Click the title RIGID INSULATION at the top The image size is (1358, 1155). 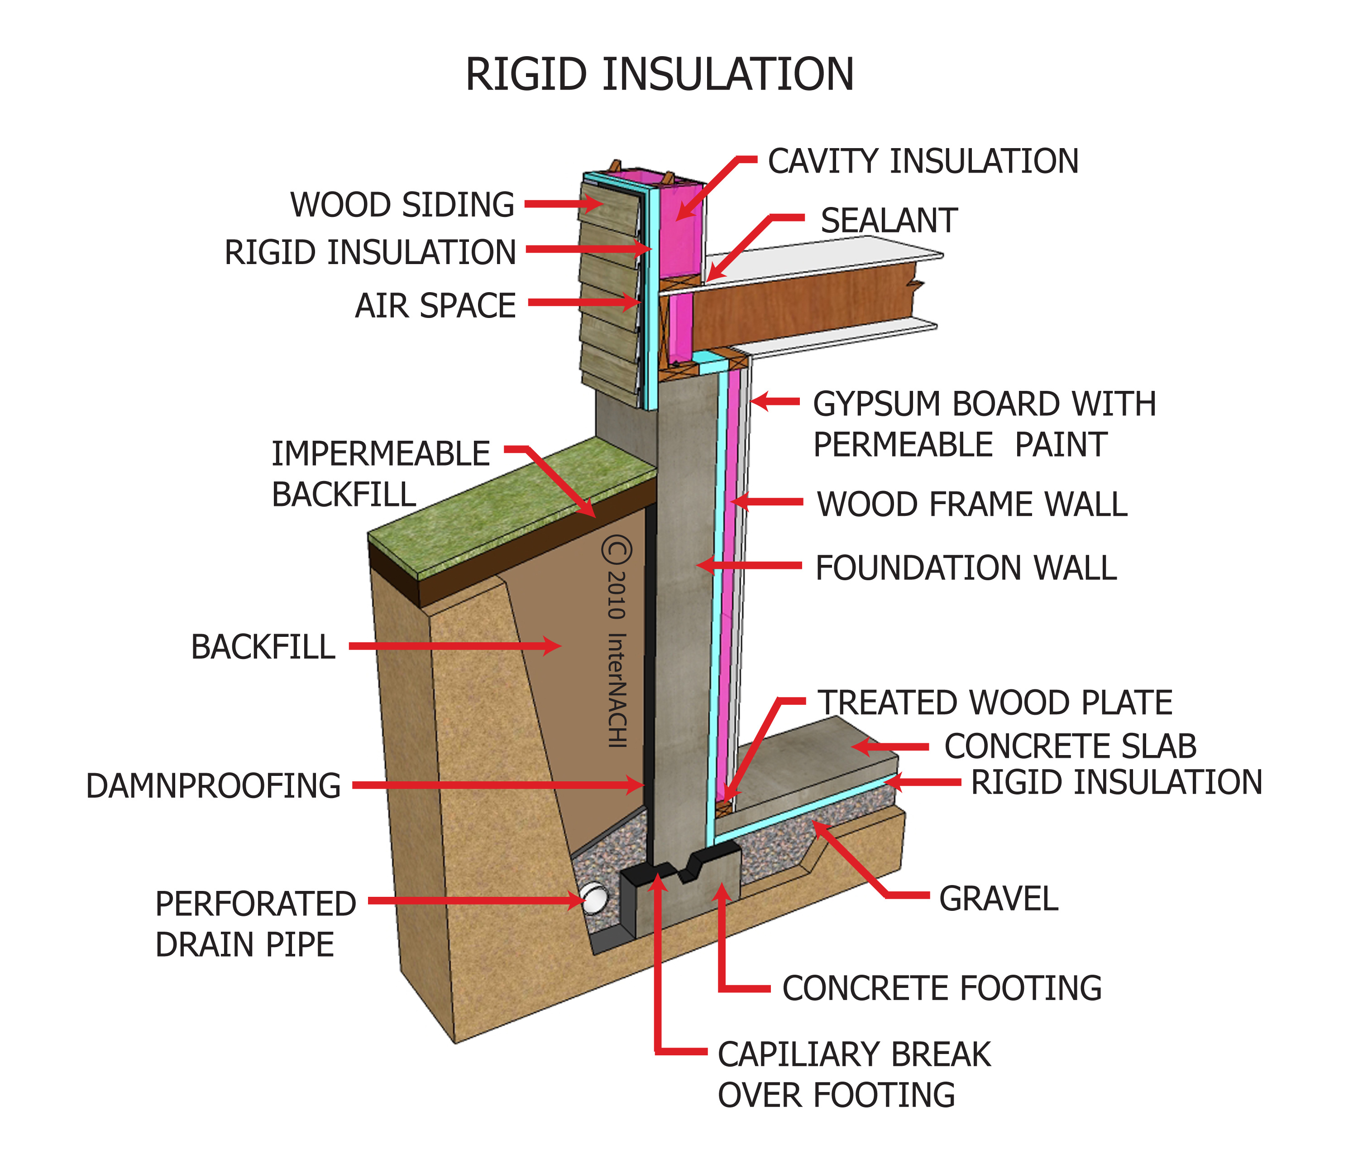tap(659, 74)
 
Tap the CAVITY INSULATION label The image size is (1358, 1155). tap(923, 161)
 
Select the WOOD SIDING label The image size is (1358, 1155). tap(402, 204)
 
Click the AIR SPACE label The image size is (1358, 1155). tap(435, 305)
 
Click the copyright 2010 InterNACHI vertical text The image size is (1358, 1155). tap(617, 642)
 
